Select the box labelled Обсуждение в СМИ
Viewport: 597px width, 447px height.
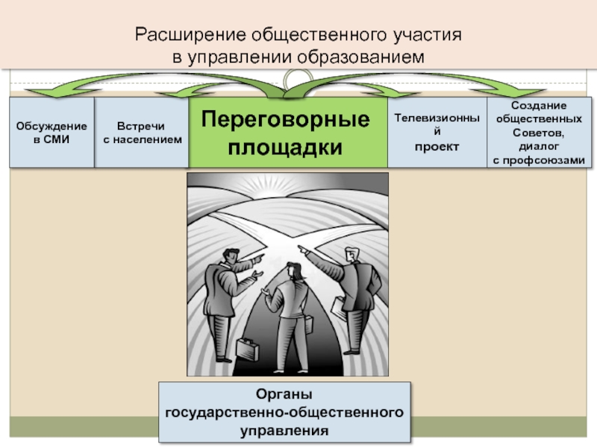(x=51, y=133)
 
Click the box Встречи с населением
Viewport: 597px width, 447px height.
(x=142, y=133)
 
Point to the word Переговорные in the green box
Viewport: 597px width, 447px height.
(x=287, y=119)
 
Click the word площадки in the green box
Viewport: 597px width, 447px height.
(x=287, y=147)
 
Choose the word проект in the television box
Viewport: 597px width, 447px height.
(x=437, y=147)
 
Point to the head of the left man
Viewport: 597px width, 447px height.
(x=234, y=256)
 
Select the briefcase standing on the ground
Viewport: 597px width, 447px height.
(x=247, y=347)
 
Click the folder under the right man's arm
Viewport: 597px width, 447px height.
(x=338, y=307)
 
